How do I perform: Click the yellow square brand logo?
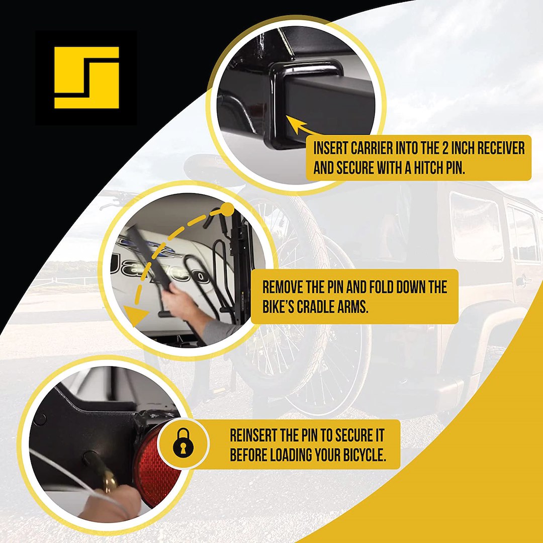(86, 77)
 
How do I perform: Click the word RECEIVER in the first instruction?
(501, 148)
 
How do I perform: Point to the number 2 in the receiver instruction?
(446, 148)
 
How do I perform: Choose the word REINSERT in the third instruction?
(253, 435)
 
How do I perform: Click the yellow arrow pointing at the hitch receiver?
(301, 126)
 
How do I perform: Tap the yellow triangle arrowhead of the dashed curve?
(135, 315)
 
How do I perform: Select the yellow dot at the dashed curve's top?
(228, 209)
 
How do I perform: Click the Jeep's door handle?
(523, 281)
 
